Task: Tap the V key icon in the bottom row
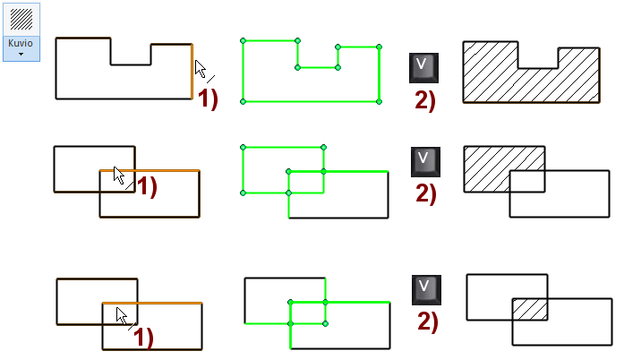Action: tap(425, 290)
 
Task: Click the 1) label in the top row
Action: tap(208, 99)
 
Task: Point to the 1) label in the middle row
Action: tap(145, 187)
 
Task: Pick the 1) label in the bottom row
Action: tap(143, 338)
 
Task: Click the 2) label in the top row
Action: tap(425, 99)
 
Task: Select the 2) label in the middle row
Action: tap(425, 193)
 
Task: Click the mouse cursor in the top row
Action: tap(200, 69)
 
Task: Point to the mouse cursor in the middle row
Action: tap(119, 175)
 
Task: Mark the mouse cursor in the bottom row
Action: tap(122, 315)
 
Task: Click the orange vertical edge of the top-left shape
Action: tap(192, 72)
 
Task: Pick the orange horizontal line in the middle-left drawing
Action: tap(161, 170)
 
